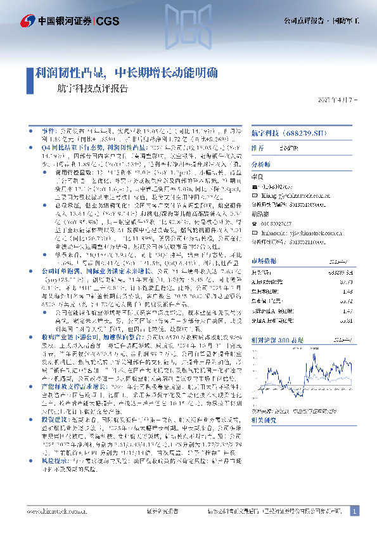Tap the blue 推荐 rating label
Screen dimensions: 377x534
click(x=258, y=147)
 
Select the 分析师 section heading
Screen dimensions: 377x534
click(x=260, y=162)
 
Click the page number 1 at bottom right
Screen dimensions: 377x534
click(x=354, y=510)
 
